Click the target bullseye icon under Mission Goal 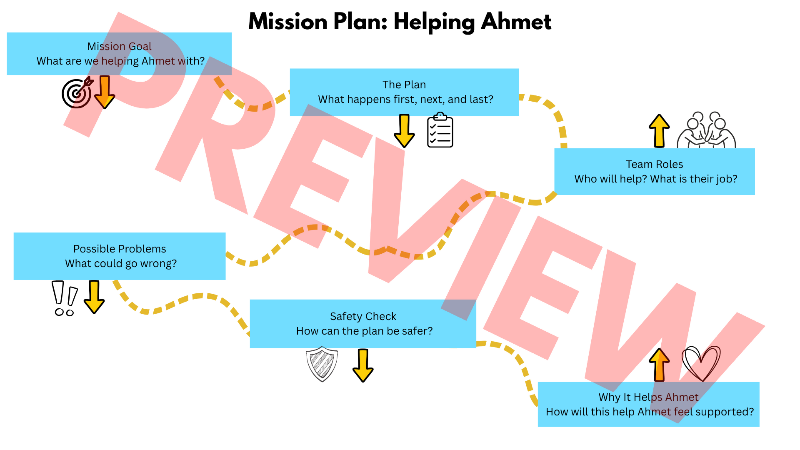click(x=77, y=92)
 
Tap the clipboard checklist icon click(x=440, y=130)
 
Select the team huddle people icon click(x=706, y=130)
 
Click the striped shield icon click(x=322, y=364)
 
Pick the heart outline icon click(x=701, y=363)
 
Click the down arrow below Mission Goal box click(x=105, y=92)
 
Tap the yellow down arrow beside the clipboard click(x=404, y=131)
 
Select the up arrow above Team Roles click(x=659, y=131)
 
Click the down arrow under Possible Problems click(x=94, y=297)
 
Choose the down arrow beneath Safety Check click(x=363, y=365)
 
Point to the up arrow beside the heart click(x=659, y=365)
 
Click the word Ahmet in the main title click(x=516, y=22)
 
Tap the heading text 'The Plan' click(x=404, y=85)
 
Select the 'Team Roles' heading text click(x=655, y=164)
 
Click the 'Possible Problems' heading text click(x=120, y=249)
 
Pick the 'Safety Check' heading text click(x=363, y=316)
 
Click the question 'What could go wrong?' click(x=121, y=263)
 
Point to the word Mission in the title click(x=288, y=22)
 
